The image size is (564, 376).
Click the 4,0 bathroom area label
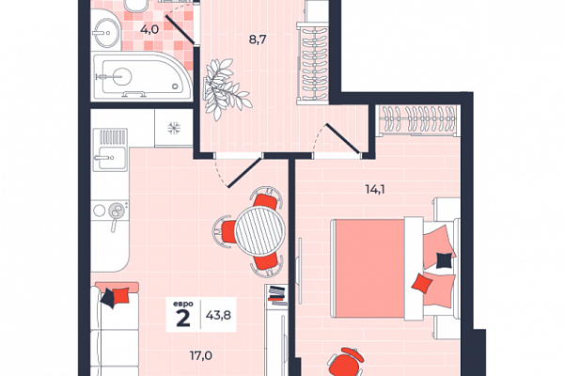tap(149, 29)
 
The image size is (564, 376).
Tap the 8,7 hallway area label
tap(258, 39)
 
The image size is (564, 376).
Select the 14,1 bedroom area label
tap(375, 189)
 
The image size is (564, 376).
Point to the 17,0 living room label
tap(201, 356)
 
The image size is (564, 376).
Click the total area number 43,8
tap(218, 315)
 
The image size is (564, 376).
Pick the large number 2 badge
tap(183, 318)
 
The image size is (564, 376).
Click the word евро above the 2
tap(182, 304)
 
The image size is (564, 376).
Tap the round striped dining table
tap(259, 230)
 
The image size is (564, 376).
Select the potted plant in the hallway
tap(226, 88)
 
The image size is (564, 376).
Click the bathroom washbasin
tap(105, 33)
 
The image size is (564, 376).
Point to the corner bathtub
tap(142, 75)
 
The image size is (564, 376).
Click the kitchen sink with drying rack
tap(110, 149)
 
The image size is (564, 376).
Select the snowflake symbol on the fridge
tap(174, 128)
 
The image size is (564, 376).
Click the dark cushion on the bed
tap(444, 260)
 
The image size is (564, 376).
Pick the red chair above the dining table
tap(267, 198)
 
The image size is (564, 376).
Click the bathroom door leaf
tap(180, 31)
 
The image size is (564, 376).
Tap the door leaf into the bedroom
tap(342, 138)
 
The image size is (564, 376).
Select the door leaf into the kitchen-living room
tap(243, 173)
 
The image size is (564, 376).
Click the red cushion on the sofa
tap(121, 296)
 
